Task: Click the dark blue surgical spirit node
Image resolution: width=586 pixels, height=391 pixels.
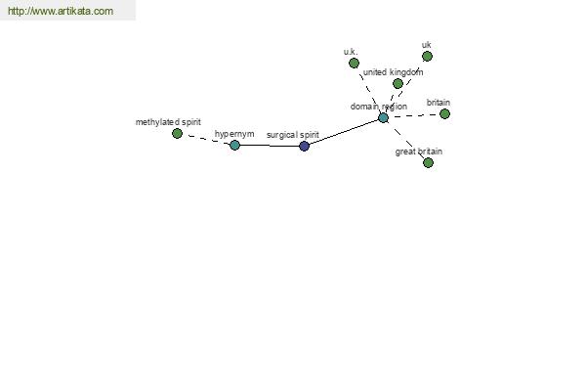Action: (x=304, y=146)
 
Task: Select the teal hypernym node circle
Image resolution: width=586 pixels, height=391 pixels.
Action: (x=234, y=145)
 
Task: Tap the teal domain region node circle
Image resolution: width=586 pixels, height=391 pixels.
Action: (x=383, y=118)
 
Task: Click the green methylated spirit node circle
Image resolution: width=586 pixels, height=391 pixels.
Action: (x=177, y=133)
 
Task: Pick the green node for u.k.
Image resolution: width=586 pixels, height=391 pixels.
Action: (x=354, y=63)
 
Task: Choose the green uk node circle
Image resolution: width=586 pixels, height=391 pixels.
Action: (x=427, y=56)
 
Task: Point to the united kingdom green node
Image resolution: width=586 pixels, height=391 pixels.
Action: (x=398, y=83)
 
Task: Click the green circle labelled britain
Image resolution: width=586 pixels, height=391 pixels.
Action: (x=444, y=113)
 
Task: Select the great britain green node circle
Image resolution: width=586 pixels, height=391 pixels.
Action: (x=428, y=162)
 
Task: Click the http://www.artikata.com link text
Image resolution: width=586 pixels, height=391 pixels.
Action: (x=61, y=11)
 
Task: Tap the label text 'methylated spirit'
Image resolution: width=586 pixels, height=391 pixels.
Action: (x=168, y=122)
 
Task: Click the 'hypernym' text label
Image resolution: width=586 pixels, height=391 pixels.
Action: (x=234, y=134)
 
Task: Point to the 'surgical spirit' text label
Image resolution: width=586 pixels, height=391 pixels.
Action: (x=293, y=135)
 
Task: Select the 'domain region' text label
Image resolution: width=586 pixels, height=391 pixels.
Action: (x=379, y=107)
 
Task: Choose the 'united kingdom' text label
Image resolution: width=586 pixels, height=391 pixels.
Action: (x=394, y=72)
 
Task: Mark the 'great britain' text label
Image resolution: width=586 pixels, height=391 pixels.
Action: (x=419, y=152)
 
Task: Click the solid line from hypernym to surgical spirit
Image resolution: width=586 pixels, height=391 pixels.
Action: (x=270, y=146)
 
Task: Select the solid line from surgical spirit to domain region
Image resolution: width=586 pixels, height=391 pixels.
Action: (x=344, y=132)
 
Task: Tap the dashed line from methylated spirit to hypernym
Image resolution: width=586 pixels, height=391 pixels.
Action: (x=206, y=139)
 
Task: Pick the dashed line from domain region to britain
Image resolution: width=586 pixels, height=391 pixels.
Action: (x=414, y=116)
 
